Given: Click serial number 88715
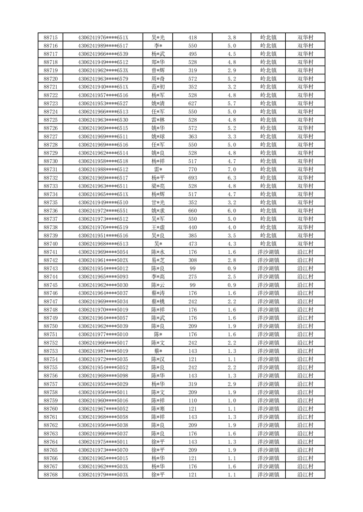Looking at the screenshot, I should tap(50, 37).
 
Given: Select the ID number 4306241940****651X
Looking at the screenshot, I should tap(103, 87).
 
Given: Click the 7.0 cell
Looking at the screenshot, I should tap(231, 169).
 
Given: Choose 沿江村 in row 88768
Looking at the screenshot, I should tap(305, 475).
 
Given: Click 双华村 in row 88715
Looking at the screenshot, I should tap(305, 37).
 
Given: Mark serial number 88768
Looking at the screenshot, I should tap(50, 475).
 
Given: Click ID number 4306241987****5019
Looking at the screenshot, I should tap(103, 351).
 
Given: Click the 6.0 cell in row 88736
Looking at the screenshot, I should tap(231, 211).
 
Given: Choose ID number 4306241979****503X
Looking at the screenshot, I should tap(103, 475).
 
